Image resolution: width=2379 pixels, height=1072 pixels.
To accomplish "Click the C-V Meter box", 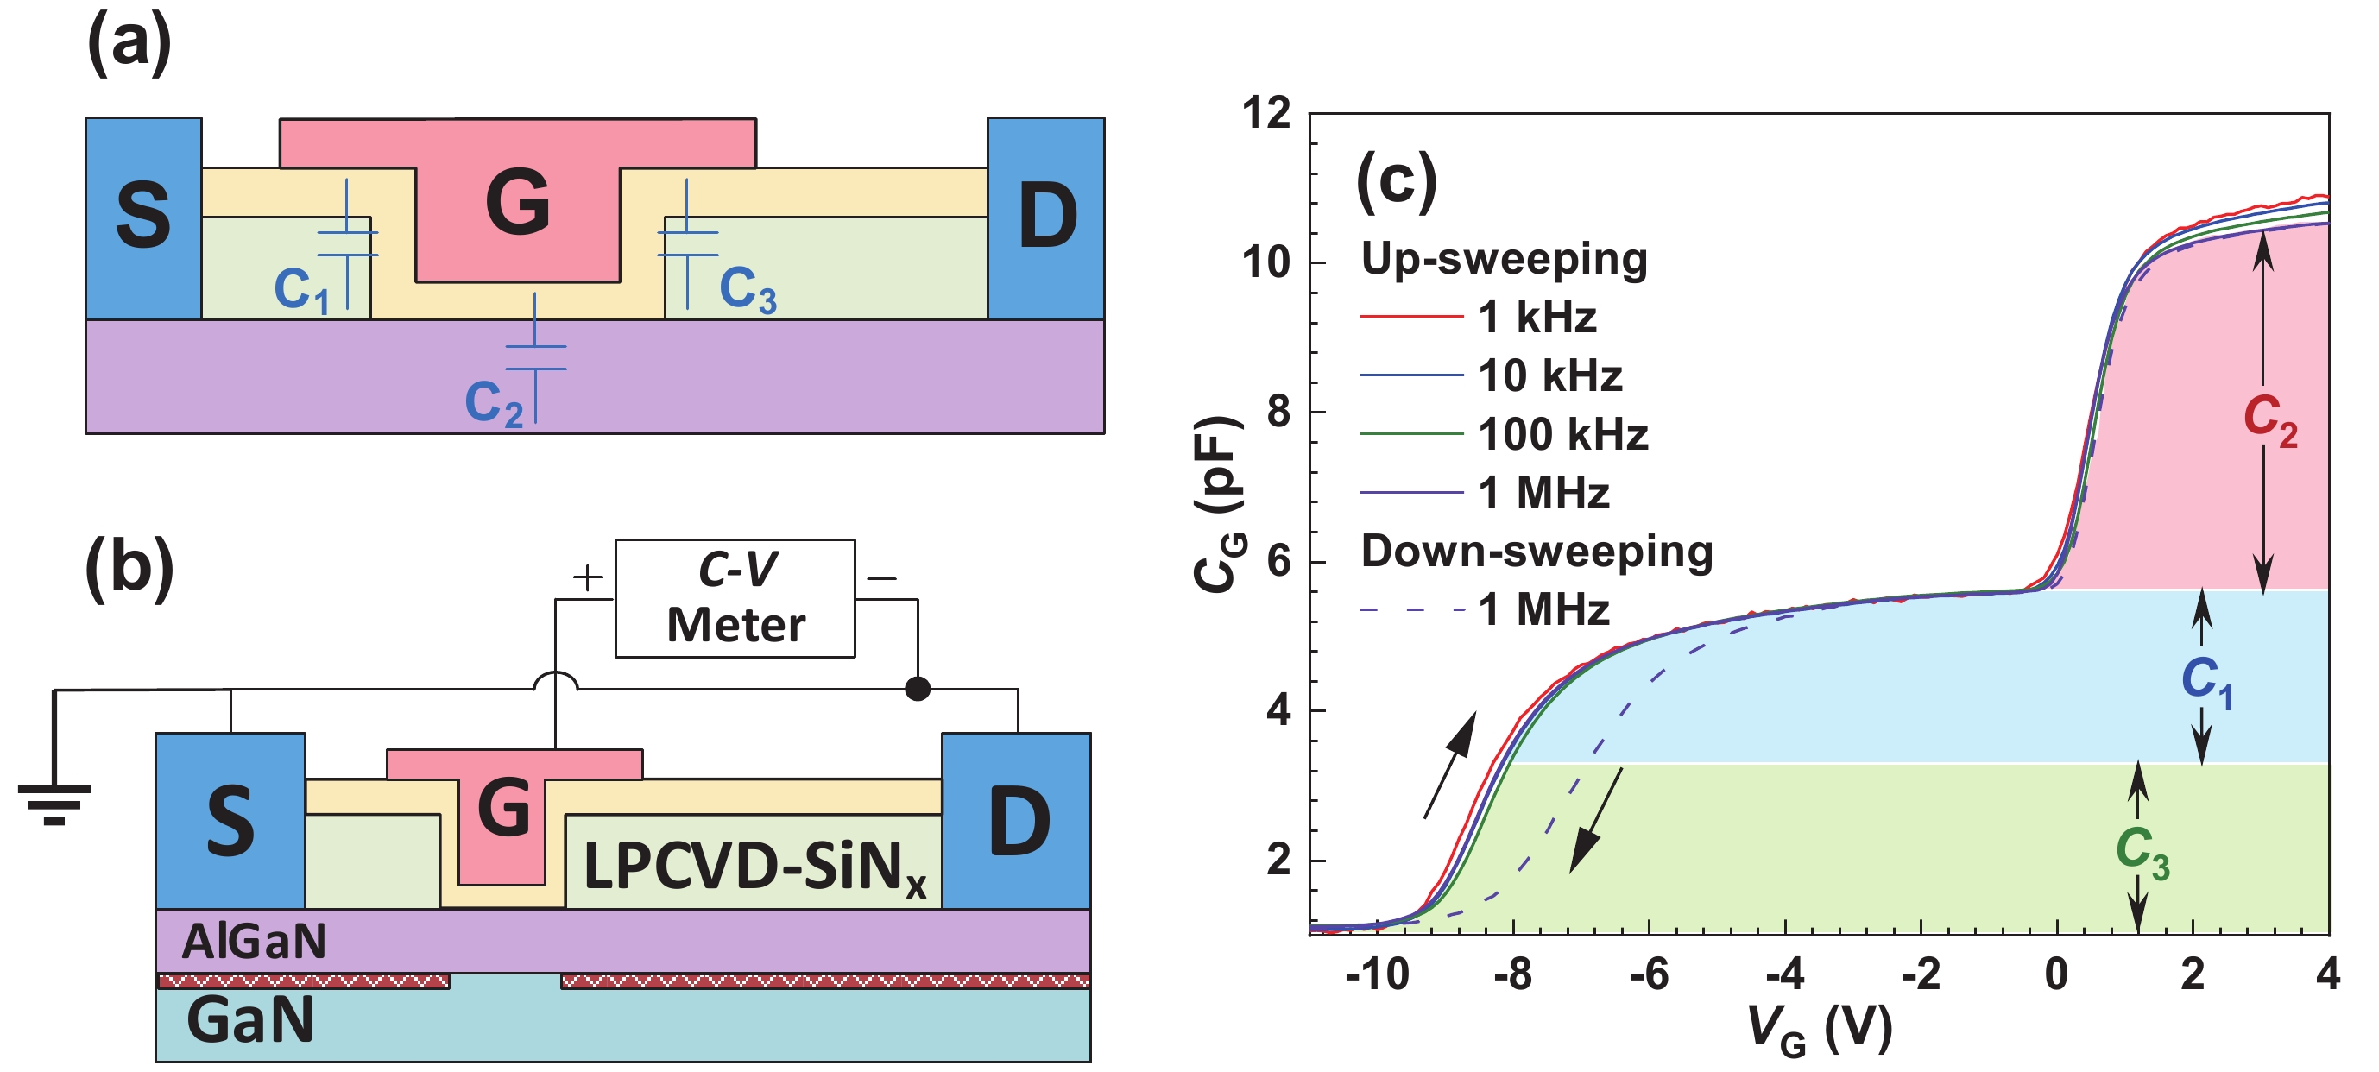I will tap(735, 598).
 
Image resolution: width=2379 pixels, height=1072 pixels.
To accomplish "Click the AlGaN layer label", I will tap(254, 942).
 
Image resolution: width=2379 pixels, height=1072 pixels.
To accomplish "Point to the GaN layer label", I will tap(249, 1020).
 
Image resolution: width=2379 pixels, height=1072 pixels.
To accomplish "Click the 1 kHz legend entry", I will tap(1537, 318).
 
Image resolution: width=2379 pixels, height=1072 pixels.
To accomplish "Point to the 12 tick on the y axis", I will tap(1266, 114).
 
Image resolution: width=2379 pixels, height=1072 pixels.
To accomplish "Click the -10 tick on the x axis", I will tap(1376, 974).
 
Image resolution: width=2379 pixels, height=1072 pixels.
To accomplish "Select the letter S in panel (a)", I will tap(143, 216).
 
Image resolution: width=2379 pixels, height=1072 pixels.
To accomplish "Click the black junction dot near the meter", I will tap(917, 689).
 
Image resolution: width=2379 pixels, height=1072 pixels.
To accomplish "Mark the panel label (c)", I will tap(1396, 180).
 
